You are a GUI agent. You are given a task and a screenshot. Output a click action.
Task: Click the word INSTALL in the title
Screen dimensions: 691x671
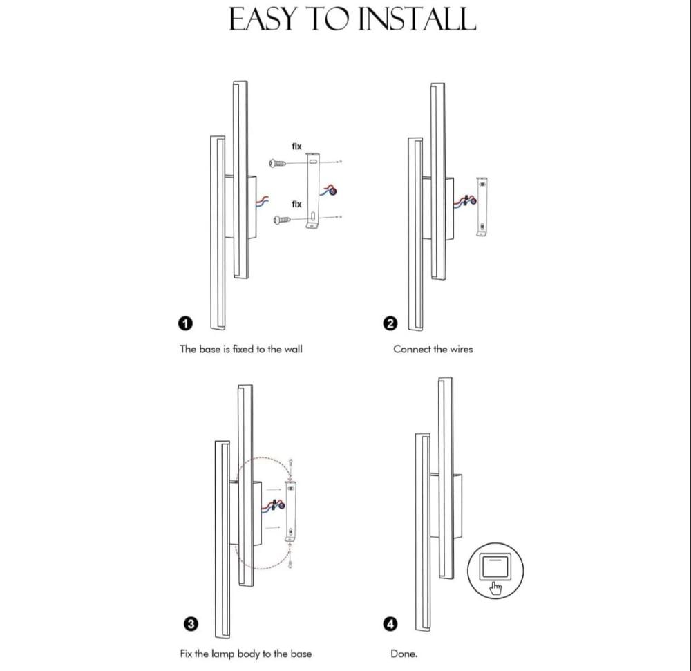click(417, 19)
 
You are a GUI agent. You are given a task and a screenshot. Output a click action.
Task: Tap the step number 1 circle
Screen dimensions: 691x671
click(185, 323)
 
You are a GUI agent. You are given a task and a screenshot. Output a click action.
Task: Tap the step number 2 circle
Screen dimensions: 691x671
click(390, 323)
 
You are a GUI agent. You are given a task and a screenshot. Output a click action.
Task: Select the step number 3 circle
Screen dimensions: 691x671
click(191, 624)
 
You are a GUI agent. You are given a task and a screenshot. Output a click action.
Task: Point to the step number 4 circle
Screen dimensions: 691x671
click(390, 624)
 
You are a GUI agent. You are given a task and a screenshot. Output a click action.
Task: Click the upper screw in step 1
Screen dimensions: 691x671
click(277, 164)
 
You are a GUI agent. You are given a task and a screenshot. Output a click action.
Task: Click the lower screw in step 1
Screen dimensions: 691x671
click(282, 220)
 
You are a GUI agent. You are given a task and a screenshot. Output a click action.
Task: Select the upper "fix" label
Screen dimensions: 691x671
click(296, 146)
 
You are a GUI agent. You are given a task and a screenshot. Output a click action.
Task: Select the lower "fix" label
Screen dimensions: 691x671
click(296, 204)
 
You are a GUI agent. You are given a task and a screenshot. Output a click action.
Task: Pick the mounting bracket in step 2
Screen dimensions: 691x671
click(482, 206)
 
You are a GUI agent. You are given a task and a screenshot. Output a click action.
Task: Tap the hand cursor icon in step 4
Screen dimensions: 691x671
click(495, 589)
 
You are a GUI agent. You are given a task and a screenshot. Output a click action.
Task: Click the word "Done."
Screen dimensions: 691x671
click(404, 654)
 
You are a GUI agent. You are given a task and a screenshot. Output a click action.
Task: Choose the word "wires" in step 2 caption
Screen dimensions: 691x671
click(461, 349)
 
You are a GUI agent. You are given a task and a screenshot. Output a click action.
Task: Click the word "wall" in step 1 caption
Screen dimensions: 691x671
click(293, 349)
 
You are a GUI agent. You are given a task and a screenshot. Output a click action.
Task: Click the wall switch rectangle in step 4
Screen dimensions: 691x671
click(495, 567)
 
